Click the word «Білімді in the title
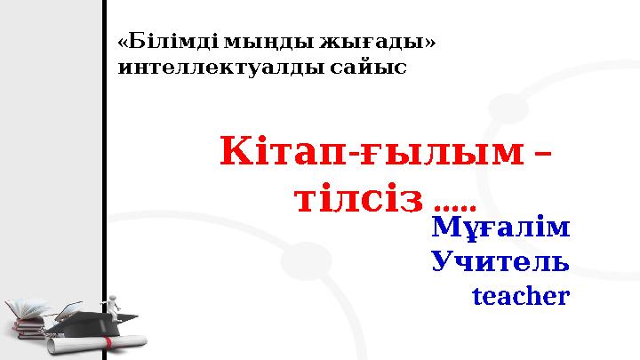[167, 42]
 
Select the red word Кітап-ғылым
[369, 153]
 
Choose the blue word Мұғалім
[500, 228]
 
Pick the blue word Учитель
[500, 261]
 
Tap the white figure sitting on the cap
[113, 304]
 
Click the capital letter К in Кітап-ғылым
[236, 153]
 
